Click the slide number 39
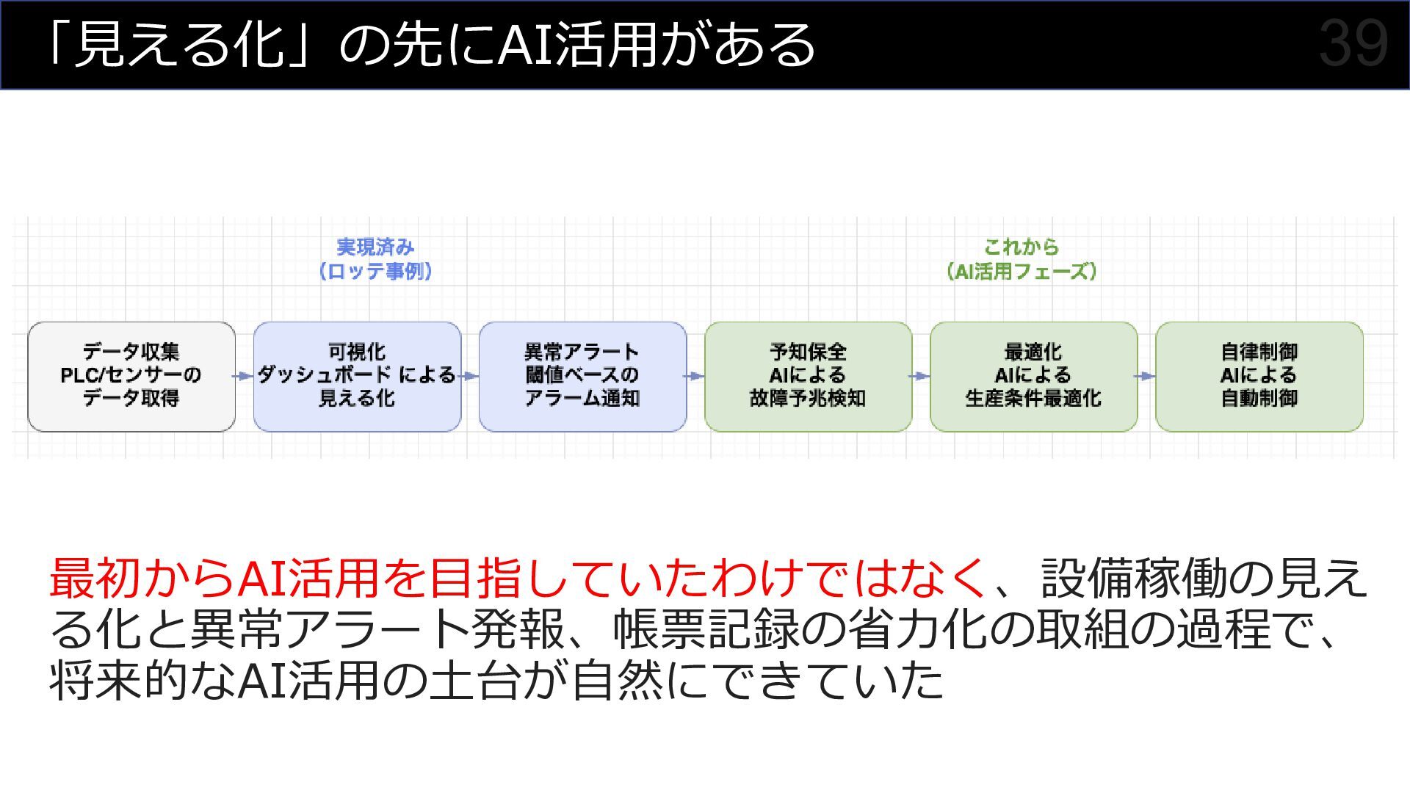1353,44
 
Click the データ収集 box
131,376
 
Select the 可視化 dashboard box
357,376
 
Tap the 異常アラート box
582,376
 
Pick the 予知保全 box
808,376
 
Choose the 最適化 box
1033,376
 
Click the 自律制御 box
1259,376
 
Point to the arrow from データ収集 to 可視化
244,376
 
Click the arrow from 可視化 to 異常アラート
470,376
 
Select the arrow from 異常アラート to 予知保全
695,376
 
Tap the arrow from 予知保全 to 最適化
921,376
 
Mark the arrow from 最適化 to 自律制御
1146,376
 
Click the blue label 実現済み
375,247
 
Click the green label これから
1021,247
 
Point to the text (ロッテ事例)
375,271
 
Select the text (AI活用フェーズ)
1021,271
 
